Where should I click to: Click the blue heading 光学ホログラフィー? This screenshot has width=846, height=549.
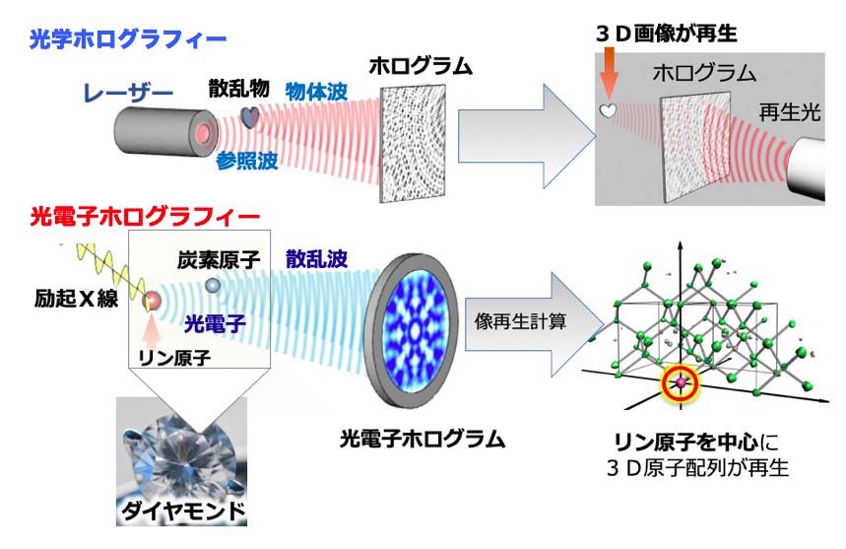click(128, 39)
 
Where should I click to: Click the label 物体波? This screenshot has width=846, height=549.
click(314, 89)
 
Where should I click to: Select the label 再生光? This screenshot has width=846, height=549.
click(786, 112)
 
